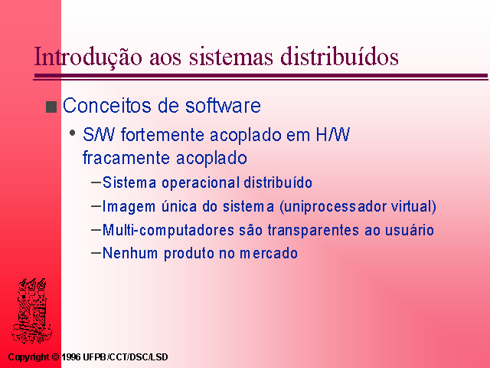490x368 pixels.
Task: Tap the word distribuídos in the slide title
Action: coord(339,56)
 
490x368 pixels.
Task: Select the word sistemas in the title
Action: coord(231,57)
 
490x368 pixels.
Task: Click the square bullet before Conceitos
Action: coord(51,107)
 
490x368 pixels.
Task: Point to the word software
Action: coord(223,105)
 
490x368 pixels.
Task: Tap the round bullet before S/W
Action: coord(73,133)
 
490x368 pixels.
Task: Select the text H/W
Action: coord(333,135)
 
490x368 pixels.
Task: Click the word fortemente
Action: coord(163,135)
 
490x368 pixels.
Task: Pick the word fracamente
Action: coord(126,158)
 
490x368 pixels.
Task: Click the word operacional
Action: coord(201,182)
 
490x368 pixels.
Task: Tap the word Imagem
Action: coord(129,207)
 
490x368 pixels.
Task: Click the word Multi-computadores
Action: coord(168,230)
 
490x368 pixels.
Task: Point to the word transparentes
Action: coord(313,230)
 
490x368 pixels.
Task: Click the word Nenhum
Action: coord(130,253)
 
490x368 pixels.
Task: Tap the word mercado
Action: coord(269,253)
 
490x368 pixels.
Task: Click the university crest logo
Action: coord(32,310)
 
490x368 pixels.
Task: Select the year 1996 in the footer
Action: coord(71,357)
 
